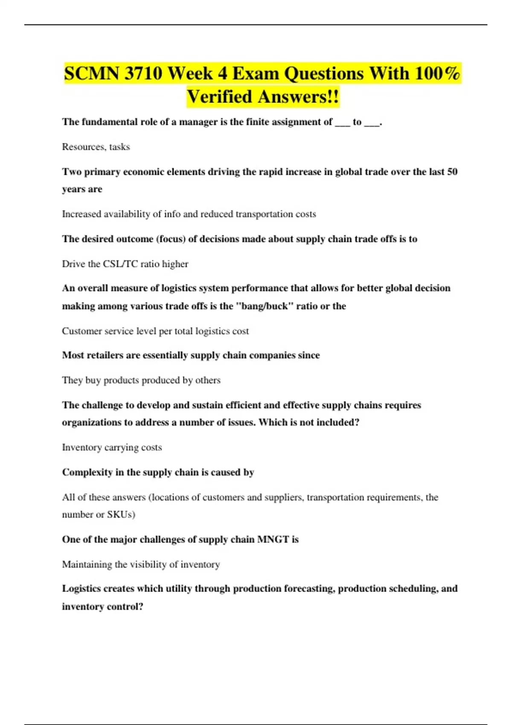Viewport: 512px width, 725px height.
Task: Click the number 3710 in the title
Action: coord(143,73)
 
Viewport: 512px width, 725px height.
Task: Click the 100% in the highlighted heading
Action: coord(437,73)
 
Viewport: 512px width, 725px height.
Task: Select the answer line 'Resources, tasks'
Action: coord(96,147)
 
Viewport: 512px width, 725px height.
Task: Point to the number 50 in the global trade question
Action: coord(452,171)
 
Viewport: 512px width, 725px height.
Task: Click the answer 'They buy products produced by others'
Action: coord(141,380)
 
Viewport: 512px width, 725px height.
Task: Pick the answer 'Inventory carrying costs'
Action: coord(112,447)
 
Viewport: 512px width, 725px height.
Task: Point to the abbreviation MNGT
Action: coord(273,539)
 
